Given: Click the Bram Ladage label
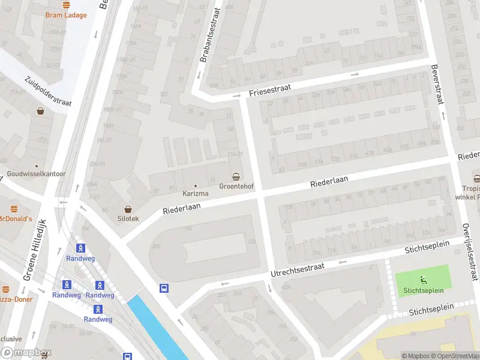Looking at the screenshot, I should [66, 15].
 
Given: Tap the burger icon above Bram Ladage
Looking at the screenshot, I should [66, 4].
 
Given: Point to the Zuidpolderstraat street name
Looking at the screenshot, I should [48, 91].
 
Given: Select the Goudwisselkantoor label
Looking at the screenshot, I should [36, 174].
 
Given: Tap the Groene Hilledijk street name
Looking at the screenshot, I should [35, 250].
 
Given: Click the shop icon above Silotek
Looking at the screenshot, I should [127, 207].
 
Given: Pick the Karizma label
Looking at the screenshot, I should [195, 194].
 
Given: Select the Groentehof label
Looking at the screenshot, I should [236, 186].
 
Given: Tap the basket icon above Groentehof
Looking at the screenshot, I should [236, 176].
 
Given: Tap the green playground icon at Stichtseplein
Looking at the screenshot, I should [422, 279].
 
